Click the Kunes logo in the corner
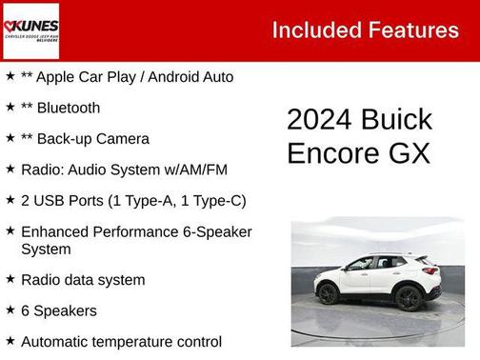pyautogui.click(x=31, y=30)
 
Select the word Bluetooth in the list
pyautogui.click(x=69, y=108)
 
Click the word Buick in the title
pyautogui.click(x=397, y=120)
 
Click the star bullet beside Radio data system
pyautogui.click(x=10, y=279)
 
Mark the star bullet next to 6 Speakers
pyautogui.click(x=10, y=310)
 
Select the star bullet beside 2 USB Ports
pyautogui.click(x=10, y=199)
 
